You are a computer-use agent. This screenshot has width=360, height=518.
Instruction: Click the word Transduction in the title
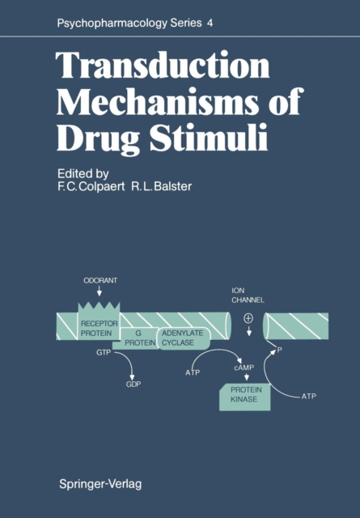click(x=163, y=65)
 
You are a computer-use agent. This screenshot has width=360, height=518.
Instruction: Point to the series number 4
click(x=210, y=23)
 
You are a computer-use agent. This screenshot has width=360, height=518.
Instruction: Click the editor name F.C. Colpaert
click(x=91, y=186)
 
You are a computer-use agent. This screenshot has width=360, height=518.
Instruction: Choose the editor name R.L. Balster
click(x=161, y=186)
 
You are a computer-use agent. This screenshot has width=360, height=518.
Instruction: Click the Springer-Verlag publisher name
click(x=100, y=484)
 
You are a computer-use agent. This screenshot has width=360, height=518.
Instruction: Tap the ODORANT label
click(x=100, y=281)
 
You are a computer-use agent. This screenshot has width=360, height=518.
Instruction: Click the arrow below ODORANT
click(x=99, y=291)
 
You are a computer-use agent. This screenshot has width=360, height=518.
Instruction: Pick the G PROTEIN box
click(x=137, y=338)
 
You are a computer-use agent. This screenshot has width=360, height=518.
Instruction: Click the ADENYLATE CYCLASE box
click(x=184, y=338)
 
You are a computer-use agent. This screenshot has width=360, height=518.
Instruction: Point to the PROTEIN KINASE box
click(x=245, y=397)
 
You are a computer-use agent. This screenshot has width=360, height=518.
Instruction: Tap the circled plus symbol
click(x=248, y=318)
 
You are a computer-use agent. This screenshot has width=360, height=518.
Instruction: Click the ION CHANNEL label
click(x=248, y=295)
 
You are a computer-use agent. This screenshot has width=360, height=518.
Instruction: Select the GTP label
click(x=104, y=353)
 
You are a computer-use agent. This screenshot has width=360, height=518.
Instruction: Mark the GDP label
click(x=133, y=384)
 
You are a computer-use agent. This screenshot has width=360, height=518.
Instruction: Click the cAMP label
click(x=244, y=367)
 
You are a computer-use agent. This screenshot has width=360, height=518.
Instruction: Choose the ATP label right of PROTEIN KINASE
click(x=309, y=396)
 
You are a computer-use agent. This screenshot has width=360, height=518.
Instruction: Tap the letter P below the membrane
click(x=279, y=350)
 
